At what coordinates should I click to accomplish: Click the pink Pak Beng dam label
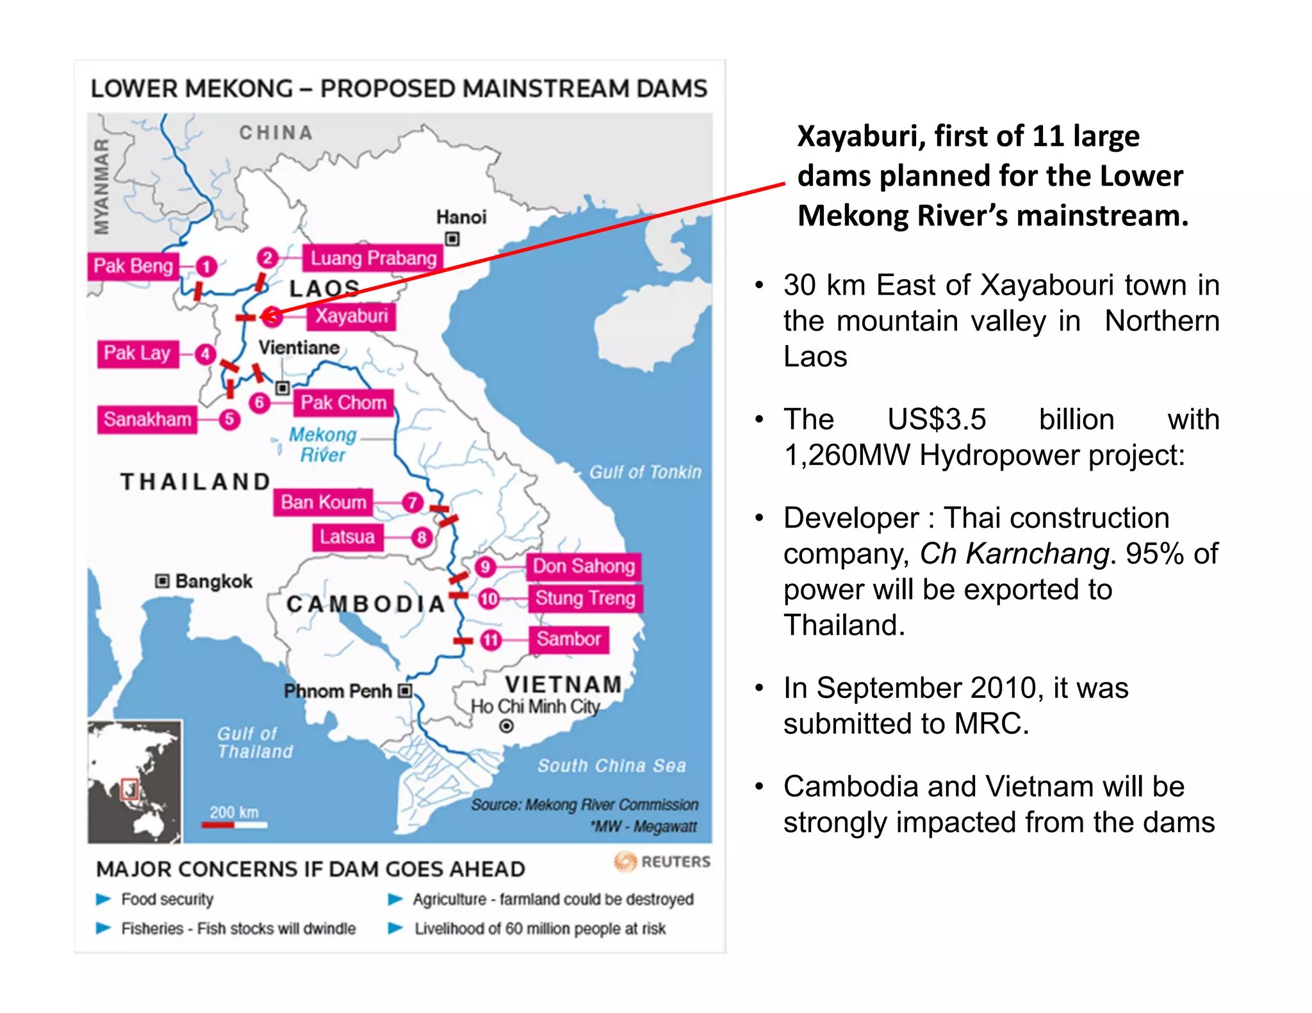click(133, 266)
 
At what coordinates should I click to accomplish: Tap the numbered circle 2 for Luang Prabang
click(268, 258)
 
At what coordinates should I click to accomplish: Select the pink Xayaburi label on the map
click(352, 316)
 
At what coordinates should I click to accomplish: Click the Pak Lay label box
click(137, 353)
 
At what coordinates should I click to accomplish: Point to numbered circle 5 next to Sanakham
click(229, 419)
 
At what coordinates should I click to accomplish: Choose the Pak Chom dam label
click(343, 403)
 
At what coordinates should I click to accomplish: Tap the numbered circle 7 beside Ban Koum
click(413, 503)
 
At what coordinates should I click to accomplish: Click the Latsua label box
click(348, 537)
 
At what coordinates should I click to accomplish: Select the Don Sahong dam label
click(584, 567)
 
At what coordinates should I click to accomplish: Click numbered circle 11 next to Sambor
click(491, 640)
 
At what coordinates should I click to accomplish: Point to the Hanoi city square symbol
click(452, 239)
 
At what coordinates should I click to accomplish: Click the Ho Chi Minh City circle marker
click(506, 726)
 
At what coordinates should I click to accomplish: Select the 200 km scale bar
click(234, 825)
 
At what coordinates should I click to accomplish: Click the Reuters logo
click(662, 862)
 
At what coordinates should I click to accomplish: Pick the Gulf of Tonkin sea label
click(644, 473)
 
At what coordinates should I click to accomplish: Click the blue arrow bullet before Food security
click(103, 899)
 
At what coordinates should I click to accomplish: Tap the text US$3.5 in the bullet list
click(936, 420)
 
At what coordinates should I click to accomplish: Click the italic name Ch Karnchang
click(1014, 554)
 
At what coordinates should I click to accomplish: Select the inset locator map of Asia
click(135, 781)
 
